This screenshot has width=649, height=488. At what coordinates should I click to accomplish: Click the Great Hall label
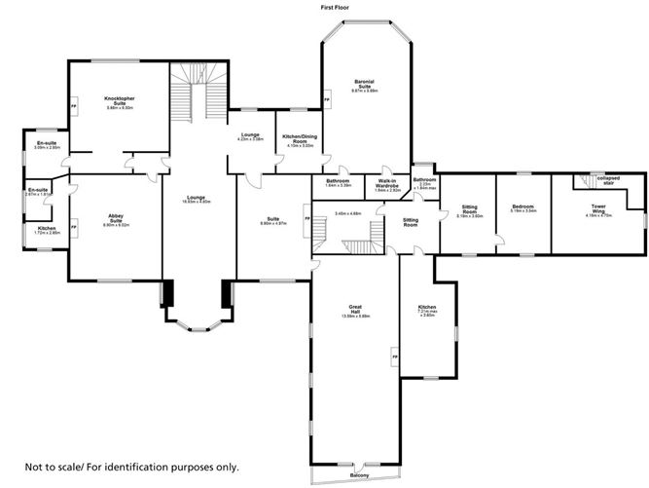coord(355,312)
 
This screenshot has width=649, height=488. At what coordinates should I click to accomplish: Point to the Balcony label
coord(360,474)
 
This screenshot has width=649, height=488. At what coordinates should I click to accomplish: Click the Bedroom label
coord(524,206)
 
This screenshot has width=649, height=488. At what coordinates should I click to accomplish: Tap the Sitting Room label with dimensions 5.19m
coord(470,209)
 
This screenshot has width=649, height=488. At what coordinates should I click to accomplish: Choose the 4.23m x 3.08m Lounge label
coord(250,137)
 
